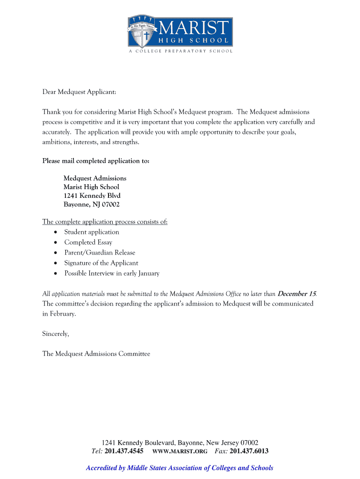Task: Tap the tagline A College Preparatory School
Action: (x=180, y=51)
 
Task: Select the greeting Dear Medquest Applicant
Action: (x=79, y=92)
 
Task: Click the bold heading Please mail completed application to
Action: (x=96, y=161)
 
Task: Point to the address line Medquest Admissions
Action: (x=95, y=178)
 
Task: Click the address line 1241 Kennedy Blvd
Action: (x=92, y=196)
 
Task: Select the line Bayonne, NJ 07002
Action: (x=92, y=204)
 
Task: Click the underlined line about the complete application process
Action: (x=105, y=222)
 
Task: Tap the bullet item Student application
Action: (x=92, y=232)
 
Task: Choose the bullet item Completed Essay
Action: (x=88, y=242)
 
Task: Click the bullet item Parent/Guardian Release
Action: (x=100, y=253)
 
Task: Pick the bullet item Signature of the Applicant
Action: (x=101, y=263)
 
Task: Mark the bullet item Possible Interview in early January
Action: (x=112, y=273)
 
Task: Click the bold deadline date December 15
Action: (x=296, y=294)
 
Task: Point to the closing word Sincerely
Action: (x=56, y=334)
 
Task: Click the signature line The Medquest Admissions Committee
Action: (x=96, y=354)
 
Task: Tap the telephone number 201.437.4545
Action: (x=124, y=451)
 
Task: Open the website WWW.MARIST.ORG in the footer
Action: (x=180, y=452)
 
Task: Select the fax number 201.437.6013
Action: (x=249, y=451)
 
